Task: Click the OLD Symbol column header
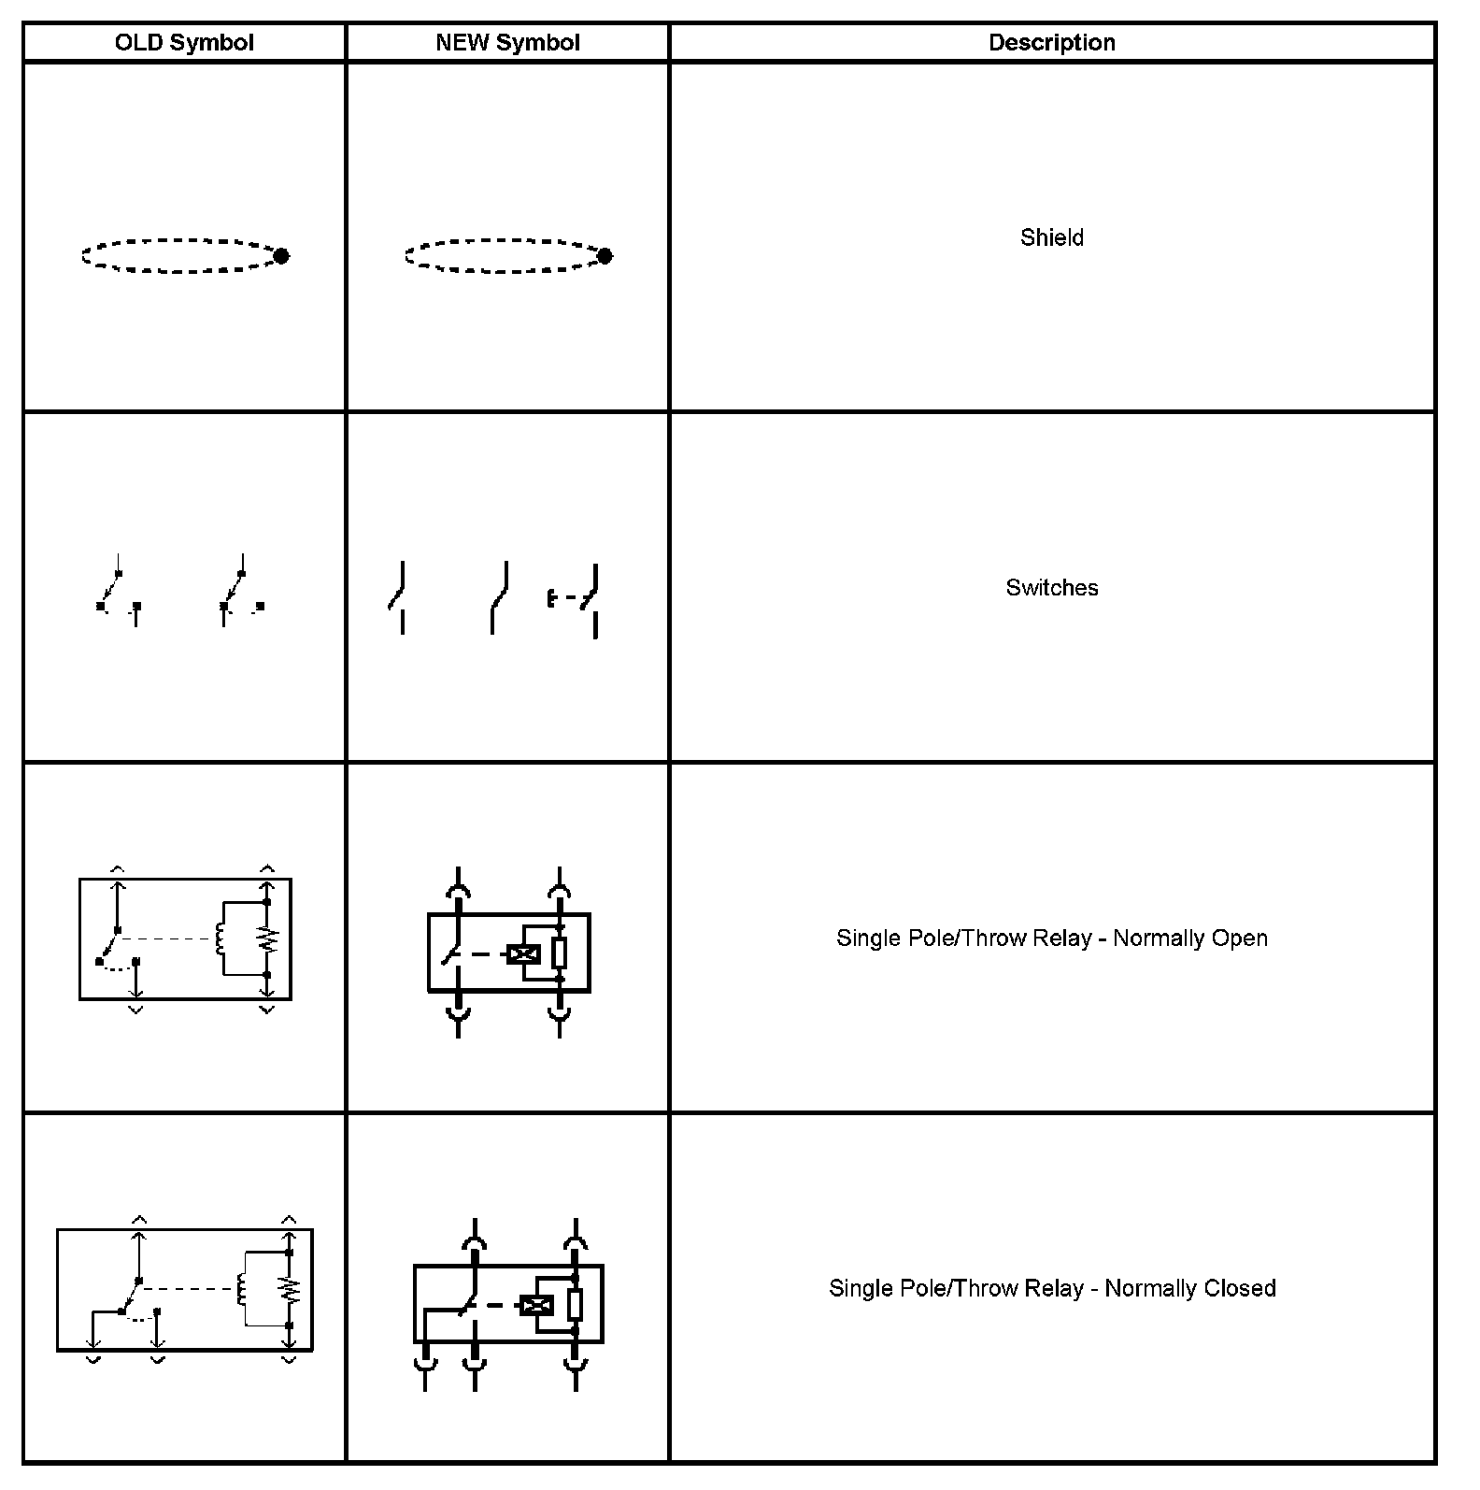pos(184,43)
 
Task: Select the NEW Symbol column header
pos(507,43)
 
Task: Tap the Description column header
pos(1051,43)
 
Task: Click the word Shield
pos(1051,237)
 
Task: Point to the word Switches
pos(1051,588)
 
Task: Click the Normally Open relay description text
pos(1051,938)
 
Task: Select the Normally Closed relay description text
pos(1051,1288)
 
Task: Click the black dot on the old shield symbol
pos(281,255)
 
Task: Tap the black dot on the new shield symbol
pos(605,255)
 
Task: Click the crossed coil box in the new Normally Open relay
pos(523,954)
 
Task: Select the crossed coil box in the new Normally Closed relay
pos(535,1305)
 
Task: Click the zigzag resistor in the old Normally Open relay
pos(268,939)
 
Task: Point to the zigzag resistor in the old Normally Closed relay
pos(291,1290)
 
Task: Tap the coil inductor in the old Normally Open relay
pos(220,939)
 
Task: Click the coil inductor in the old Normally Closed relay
pos(242,1290)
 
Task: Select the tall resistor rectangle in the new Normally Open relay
pos(559,953)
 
